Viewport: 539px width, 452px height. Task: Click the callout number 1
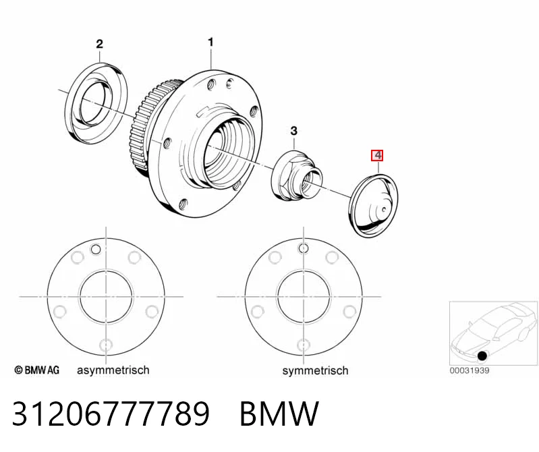pos(210,43)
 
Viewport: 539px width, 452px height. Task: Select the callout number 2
pos(99,44)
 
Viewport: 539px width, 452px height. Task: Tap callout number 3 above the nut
pos(293,131)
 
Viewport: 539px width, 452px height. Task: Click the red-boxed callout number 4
pos(377,155)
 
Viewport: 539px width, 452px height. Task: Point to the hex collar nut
pos(296,175)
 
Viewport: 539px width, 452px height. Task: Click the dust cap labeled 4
pos(373,206)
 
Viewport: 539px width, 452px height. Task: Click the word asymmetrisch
pos(113,370)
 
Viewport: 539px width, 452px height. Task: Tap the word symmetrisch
pos(315,370)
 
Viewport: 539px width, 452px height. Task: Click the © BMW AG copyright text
pos(37,370)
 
